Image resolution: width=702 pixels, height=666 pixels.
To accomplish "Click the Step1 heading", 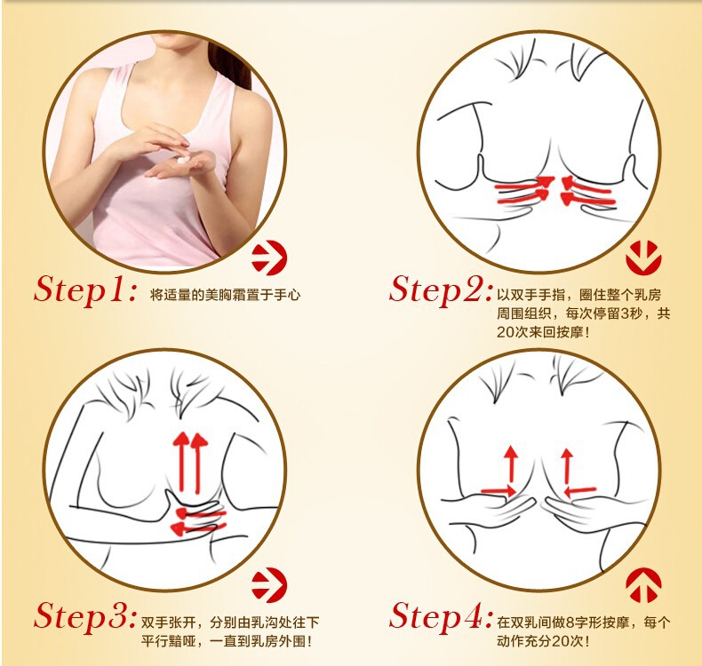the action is point(85,289).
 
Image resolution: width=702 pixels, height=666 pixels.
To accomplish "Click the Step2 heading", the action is point(441,289).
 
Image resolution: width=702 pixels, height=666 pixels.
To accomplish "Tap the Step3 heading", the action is point(84,616).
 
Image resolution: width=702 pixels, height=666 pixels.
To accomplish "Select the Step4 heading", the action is point(441,616).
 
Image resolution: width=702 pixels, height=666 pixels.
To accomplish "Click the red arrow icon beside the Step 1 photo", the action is point(269,258).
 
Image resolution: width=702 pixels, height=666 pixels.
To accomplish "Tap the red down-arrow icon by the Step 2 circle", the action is point(643,258).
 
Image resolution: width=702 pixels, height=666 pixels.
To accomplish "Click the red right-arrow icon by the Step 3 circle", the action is point(269,585).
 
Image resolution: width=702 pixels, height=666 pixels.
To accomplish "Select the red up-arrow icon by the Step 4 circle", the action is point(643,585).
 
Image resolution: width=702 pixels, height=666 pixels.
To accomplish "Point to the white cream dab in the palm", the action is point(183,160).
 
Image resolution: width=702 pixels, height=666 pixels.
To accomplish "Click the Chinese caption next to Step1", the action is point(225,295).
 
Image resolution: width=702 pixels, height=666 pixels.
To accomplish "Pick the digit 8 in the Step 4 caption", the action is point(570,622).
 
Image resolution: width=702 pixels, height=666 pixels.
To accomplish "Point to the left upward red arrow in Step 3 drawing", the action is point(181,462).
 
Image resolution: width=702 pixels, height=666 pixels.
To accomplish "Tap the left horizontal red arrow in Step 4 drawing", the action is point(499,491).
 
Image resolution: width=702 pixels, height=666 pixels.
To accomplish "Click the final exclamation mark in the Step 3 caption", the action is point(308,641).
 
